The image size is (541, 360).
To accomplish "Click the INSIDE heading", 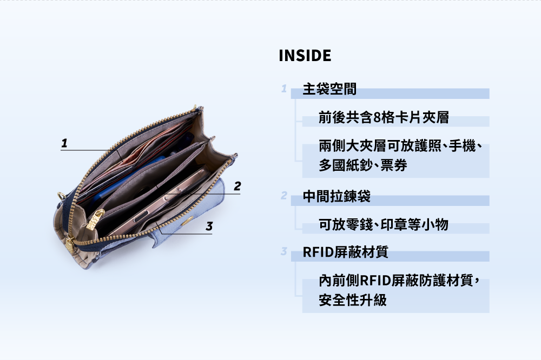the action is click(305, 56).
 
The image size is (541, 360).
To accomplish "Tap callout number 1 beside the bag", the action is click(64, 143).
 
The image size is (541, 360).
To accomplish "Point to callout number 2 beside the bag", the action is click(237, 186).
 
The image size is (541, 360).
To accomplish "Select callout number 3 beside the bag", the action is click(209, 226).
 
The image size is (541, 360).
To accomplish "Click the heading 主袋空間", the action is click(329, 89).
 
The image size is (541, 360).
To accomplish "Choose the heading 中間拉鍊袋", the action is click(337, 196).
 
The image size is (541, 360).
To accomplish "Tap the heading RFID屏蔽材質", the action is click(345, 252).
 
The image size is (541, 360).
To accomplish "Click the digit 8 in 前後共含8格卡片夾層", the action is click(377, 118).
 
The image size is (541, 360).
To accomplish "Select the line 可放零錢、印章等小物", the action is click(384, 224).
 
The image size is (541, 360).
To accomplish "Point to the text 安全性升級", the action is click(353, 300).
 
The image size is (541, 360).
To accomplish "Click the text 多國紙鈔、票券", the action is click(363, 165).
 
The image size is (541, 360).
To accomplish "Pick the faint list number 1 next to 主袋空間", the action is click(284, 89).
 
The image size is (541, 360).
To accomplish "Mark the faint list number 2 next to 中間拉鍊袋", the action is click(284, 196).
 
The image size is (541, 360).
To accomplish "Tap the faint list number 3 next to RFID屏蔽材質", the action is click(284, 251).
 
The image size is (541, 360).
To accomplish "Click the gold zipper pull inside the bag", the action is click(95, 219).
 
